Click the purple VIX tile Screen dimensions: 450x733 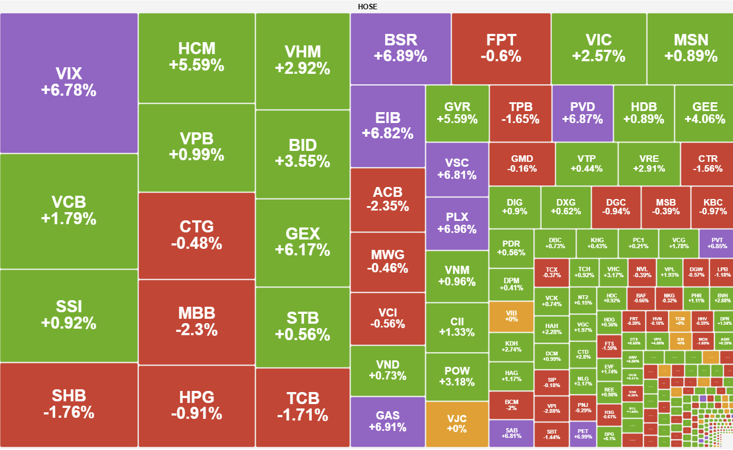pyautogui.click(x=68, y=83)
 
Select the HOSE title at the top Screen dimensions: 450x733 pyautogui.click(x=367, y=7)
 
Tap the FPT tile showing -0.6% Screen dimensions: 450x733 pyautogui.click(x=501, y=48)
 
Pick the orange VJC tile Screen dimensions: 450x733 pyautogui.click(x=457, y=424)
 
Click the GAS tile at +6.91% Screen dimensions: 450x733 pyautogui.click(x=387, y=422)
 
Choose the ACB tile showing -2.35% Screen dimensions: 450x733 pyautogui.click(x=387, y=199)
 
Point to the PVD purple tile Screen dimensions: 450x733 pyautogui.click(x=582, y=113)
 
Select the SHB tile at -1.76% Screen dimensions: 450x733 pyautogui.click(x=68, y=404)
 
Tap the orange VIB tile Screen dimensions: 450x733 pyautogui.click(x=511, y=315)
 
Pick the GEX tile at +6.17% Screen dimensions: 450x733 pyautogui.click(x=302, y=242)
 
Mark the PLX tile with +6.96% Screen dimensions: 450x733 pyautogui.click(x=457, y=223)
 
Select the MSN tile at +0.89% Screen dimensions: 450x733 pyautogui.click(x=690, y=48)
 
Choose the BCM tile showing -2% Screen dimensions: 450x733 pyautogui.click(x=511, y=405)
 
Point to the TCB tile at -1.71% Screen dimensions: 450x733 pyautogui.click(x=302, y=407)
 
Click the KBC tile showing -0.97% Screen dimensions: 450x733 pyautogui.click(x=712, y=207)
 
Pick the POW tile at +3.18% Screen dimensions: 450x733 pyautogui.click(x=457, y=376)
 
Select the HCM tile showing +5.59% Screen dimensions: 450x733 pyautogui.click(x=196, y=57)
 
